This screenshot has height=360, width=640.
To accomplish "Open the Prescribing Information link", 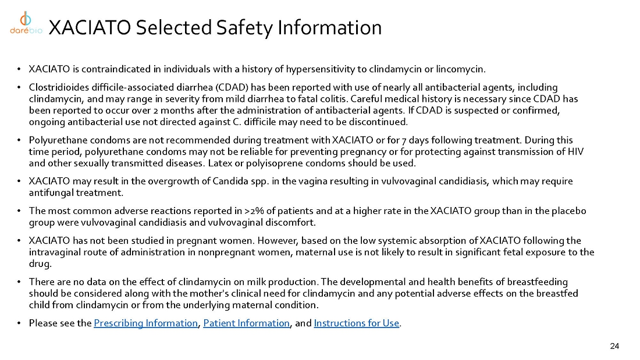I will (x=145, y=323).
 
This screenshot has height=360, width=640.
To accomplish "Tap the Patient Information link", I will (x=246, y=323).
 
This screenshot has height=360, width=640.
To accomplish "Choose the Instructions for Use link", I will (x=356, y=323).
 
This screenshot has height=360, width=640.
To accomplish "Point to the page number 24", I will (x=614, y=347).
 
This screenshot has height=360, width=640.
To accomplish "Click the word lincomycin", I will (x=462, y=69).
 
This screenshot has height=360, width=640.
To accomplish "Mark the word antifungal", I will (x=50, y=193).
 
